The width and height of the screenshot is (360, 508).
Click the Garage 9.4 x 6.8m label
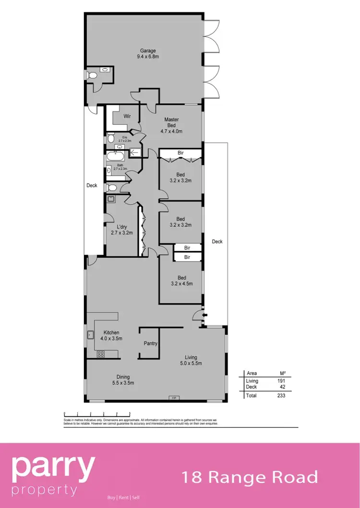pos(148,53)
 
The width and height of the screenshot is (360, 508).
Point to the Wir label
pos(127,116)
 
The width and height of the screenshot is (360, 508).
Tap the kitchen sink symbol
pos(90,335)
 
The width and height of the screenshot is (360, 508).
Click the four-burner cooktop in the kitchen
pos(101,354)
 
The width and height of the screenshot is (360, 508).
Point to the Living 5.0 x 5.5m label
pos(193,360)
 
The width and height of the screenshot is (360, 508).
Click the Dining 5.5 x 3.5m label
pos(120,379)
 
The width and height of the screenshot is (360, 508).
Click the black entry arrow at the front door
pos(205,315)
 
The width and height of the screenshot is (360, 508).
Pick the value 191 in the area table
pos(281,381)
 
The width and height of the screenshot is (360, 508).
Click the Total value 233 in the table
pos(281,396)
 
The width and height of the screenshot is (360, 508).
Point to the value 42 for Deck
pos(282,387)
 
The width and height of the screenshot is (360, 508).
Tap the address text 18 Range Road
pos(249,477)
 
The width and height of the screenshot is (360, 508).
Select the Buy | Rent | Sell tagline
pos(123,497)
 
